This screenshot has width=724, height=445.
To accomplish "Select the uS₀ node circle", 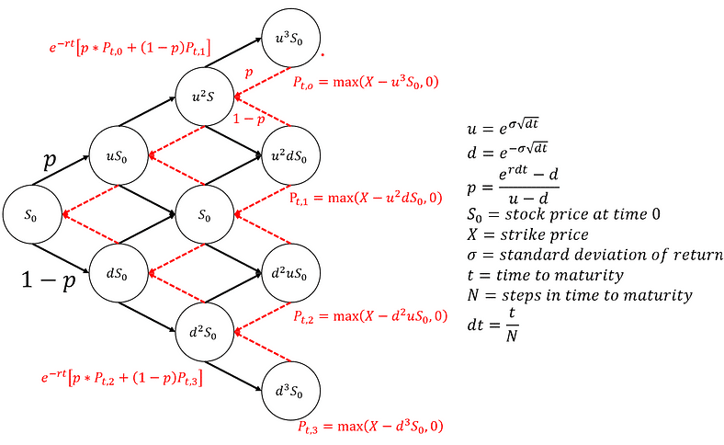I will [118, 156].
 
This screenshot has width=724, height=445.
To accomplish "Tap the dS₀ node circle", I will [118, 273].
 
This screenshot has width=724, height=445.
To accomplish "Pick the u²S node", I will [205, 96].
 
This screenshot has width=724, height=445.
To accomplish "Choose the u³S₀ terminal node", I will [292, 38].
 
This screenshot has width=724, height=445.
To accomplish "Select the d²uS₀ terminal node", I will [292, 273].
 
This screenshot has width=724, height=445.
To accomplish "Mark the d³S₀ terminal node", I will [292, 391].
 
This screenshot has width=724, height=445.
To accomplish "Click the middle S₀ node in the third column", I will [205, 215].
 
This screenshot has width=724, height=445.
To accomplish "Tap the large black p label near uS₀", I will [51, 159].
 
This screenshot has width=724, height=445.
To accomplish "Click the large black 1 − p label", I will [48, 281].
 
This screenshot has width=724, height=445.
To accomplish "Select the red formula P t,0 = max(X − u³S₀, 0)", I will [366, 83].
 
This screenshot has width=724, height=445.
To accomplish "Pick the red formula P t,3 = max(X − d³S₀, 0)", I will [370, 427].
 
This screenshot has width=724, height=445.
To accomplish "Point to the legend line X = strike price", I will [527, 234].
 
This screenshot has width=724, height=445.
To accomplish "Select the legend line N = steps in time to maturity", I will [580, 295].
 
